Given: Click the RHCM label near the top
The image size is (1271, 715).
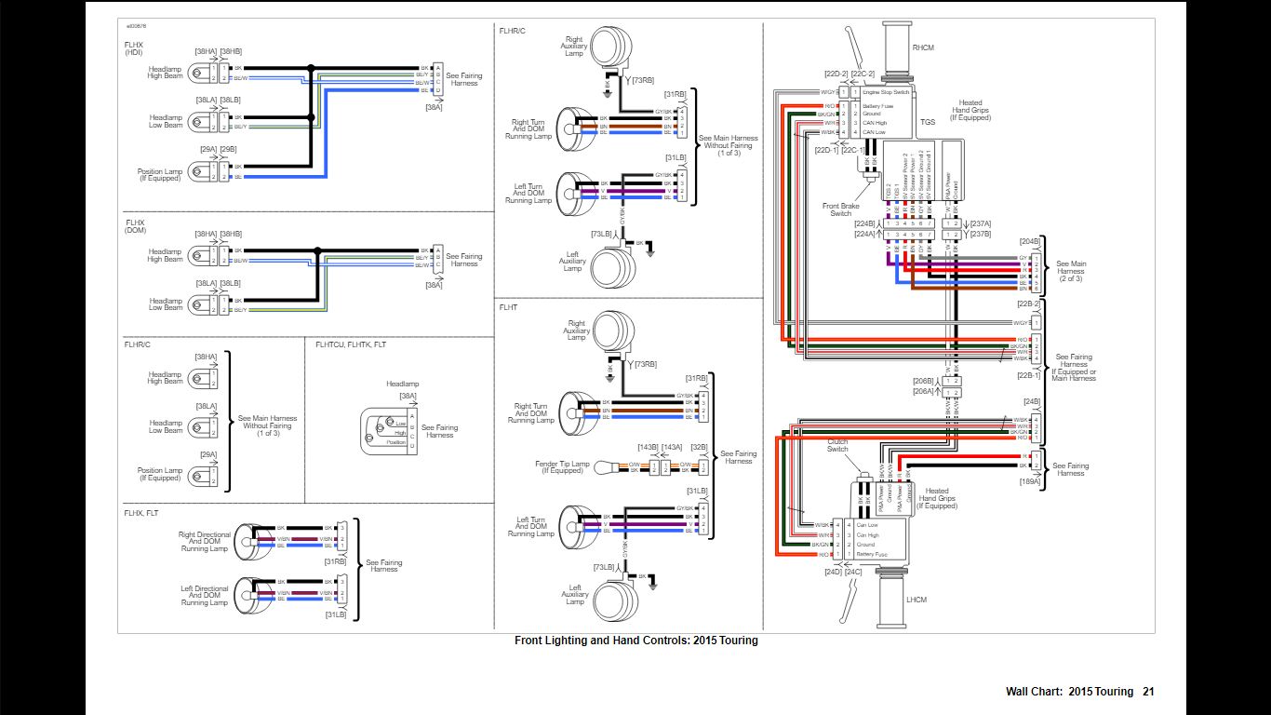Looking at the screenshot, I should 923,47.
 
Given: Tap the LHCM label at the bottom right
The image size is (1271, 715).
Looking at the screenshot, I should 916,600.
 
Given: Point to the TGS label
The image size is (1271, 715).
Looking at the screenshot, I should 928,122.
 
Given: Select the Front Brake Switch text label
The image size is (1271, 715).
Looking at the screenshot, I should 840,209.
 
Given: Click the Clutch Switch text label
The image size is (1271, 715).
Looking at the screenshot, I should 838,445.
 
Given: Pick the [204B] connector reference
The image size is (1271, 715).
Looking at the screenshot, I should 1030,242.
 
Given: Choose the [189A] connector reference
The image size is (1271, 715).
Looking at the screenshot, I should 1030,481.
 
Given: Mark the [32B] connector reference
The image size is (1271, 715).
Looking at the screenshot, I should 698,447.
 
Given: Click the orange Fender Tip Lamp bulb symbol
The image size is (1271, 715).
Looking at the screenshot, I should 602,466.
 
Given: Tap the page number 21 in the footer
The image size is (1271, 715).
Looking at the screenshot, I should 1148,692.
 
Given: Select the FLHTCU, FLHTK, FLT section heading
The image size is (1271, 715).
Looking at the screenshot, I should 351,345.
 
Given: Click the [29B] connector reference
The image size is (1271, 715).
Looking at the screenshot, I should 228,149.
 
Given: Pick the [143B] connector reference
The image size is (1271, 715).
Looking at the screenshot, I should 649,447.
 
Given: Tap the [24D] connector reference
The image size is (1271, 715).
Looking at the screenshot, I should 833,572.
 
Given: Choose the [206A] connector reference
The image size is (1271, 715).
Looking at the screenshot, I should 922,392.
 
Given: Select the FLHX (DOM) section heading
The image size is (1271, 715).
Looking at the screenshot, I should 136,226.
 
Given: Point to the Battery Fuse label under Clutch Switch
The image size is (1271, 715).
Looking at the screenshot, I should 872,554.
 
